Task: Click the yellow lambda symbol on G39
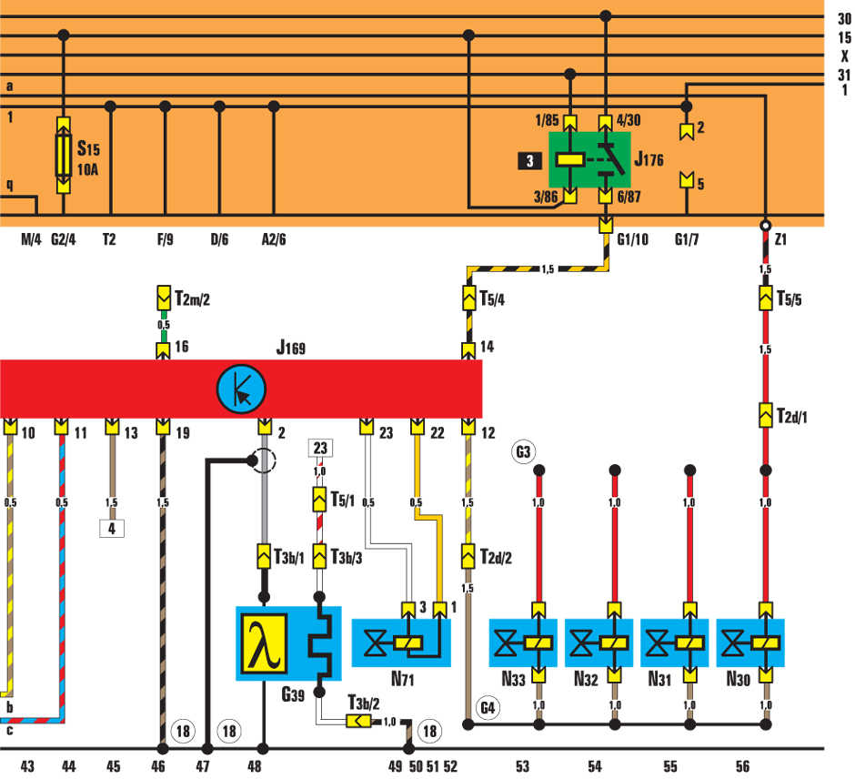(x=265, y=643)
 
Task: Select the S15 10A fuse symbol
(x=64, y=155)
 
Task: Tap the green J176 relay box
(x=589, y=160)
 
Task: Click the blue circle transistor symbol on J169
(x=241, y=389)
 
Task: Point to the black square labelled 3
(x=529, y=161)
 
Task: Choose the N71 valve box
(x=401, y=642)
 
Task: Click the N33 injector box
(x=523, y=642)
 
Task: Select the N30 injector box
(x=749, y=642)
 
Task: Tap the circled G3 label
(x=523, y=451)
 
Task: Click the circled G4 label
(x=488, y=708)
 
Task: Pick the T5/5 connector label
(x=789, y=298)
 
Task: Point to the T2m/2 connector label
(x=193, y=298)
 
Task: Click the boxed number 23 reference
(x=320, y=448)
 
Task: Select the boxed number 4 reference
(x=112, y=528)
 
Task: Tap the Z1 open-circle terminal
(x=766, y=226)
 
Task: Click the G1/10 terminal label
(x=632, y=239)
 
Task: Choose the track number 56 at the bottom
(x=743, y=766)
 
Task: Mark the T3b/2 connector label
(x=364, y=703)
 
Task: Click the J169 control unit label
(x=291, y=347)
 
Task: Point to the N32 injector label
(x=586, y=679)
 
